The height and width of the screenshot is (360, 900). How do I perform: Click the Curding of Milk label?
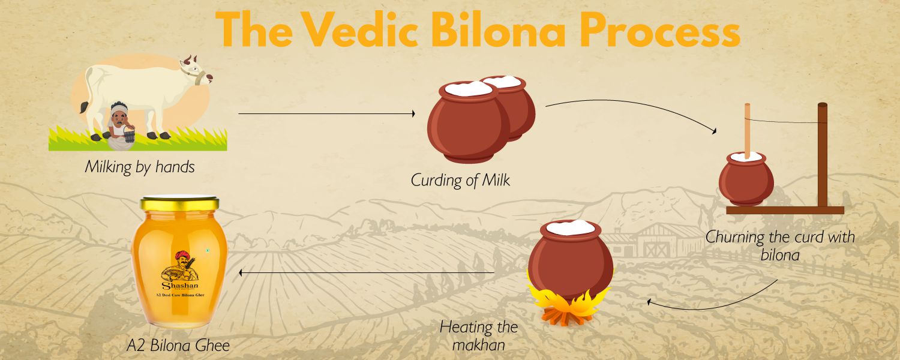click(x=460, y=180)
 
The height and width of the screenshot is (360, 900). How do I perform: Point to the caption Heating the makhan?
click(x=479, y=336)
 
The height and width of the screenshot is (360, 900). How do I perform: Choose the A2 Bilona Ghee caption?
click(x=178, y=346)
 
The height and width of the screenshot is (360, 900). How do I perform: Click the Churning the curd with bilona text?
click(x=780, y=245)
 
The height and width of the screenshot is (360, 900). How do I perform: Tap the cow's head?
click(x=196, y=71)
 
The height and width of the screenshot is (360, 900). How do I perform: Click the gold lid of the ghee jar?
click(x=179, y=203)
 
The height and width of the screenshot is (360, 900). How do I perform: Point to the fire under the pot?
click(x=568, y=305)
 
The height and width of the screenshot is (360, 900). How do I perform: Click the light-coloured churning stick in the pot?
click(x=748, y=131)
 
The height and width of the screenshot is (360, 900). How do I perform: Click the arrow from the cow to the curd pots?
click(x=326, y=114)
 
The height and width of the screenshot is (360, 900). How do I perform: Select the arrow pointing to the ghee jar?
click(x=367, y=273)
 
